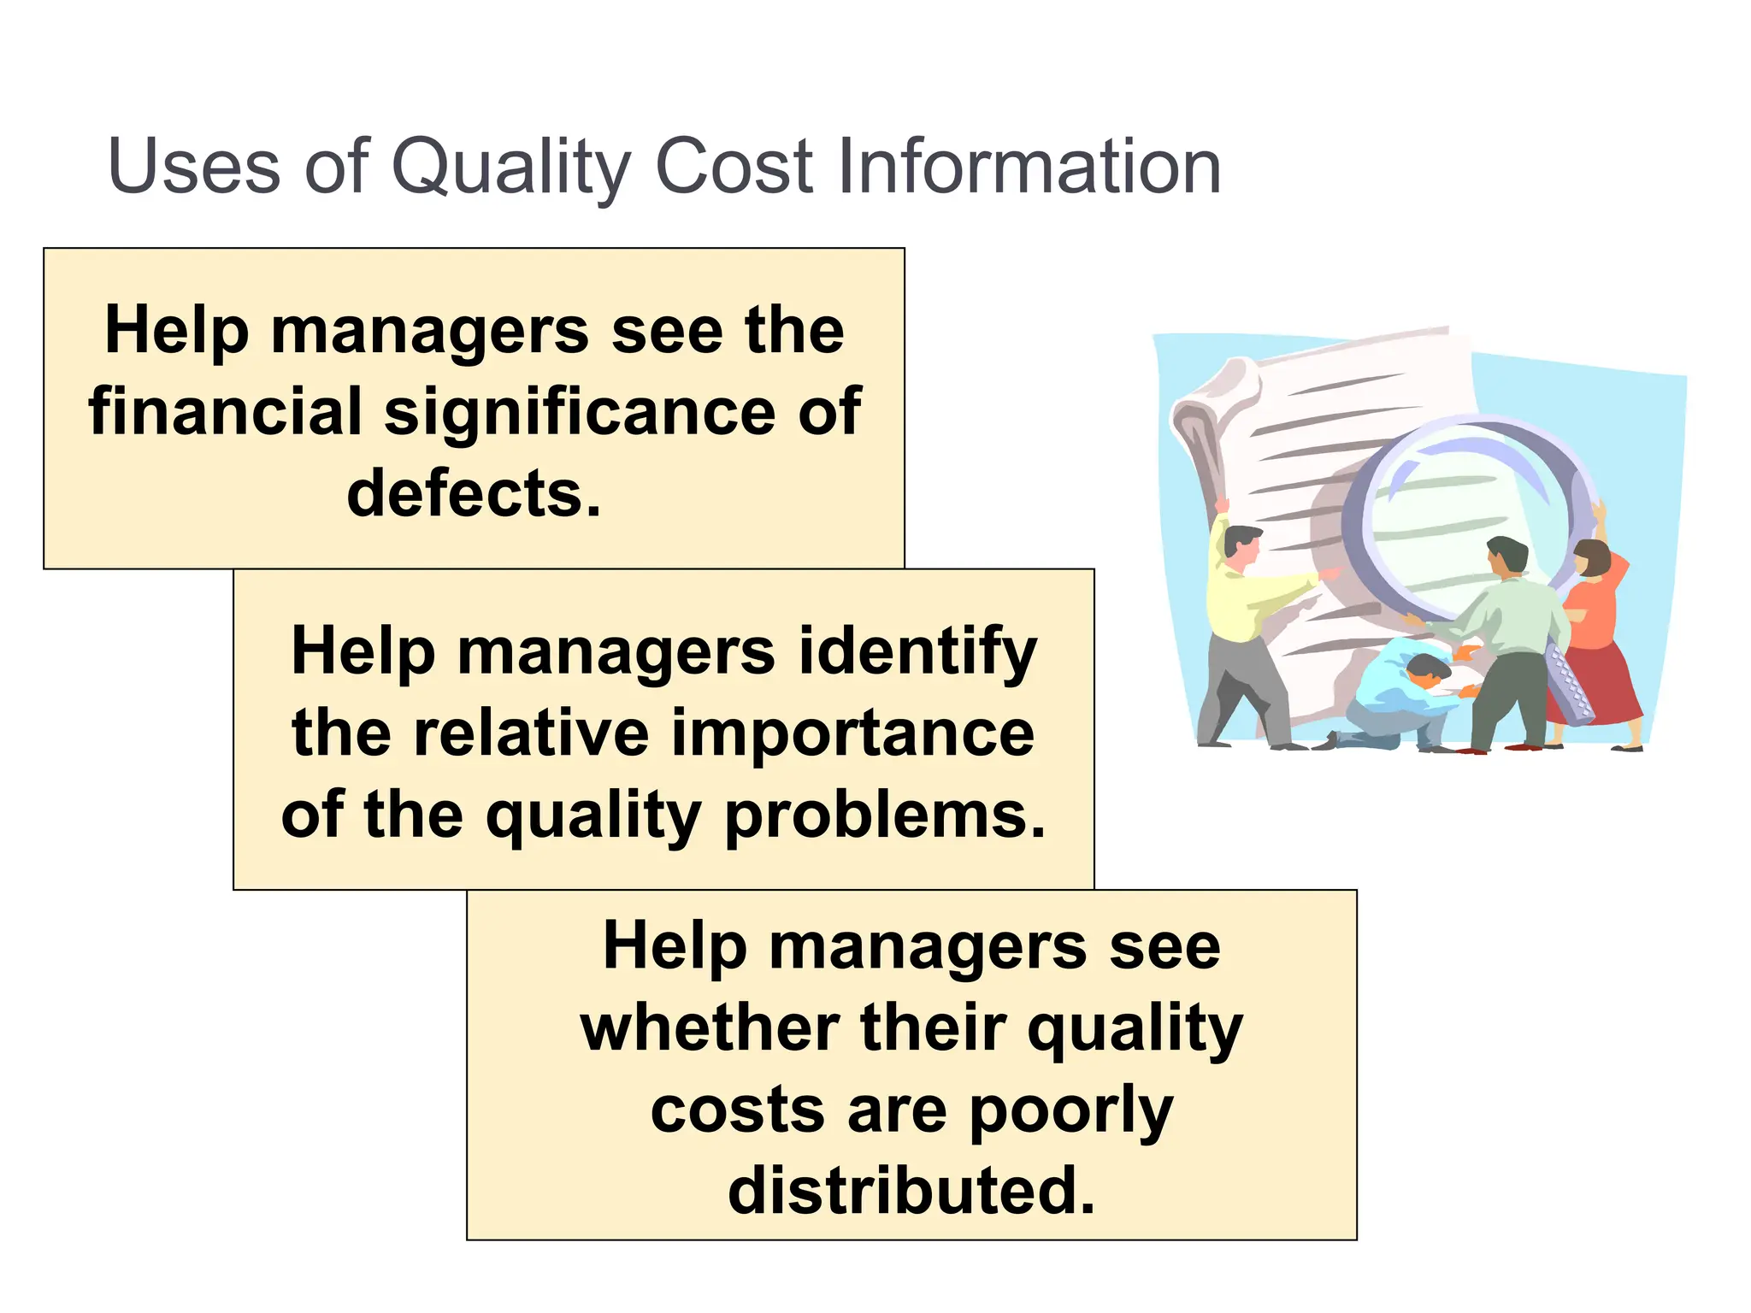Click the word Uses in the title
194,166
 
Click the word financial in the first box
225,412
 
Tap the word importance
852,734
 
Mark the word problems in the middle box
885,815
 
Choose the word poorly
1070,1111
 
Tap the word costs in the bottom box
738,1110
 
